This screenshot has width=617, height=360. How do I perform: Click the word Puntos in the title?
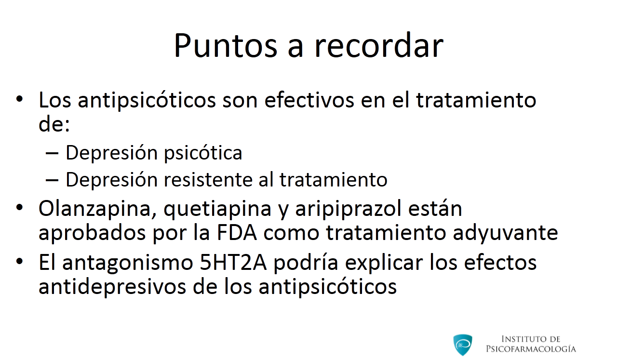click(226, 46)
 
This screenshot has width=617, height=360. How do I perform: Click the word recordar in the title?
click(379, 45)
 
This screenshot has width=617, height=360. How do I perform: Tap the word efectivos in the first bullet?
click(309, 100)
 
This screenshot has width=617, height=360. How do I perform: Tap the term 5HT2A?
click(233, 263)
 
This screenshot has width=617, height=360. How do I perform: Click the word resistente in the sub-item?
click(208, 180)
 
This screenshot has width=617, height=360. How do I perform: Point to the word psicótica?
click(203, 153)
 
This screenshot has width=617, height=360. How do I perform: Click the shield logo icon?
click(463, 345)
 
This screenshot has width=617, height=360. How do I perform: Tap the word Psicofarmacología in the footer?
click(531, 349)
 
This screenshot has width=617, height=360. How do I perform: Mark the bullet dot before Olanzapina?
click(20, 207)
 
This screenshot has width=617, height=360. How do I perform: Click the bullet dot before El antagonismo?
click(20, 261)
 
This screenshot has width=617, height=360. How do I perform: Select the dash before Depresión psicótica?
click(52, 153)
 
